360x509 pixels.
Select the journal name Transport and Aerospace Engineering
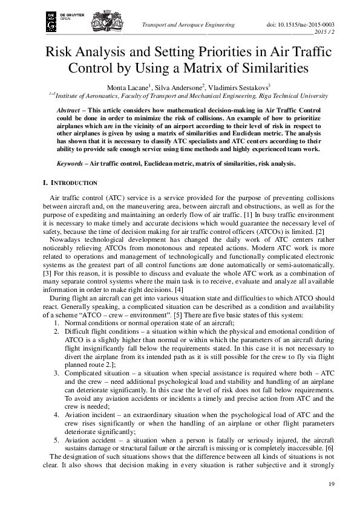[187, 25]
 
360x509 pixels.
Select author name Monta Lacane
[128, 86]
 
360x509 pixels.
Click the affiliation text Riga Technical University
[292, 96]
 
